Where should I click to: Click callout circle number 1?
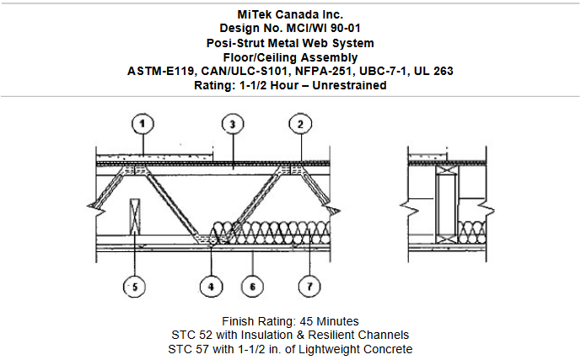click(143, 124)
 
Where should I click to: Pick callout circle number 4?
click(211, 287)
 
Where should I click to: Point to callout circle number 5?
click(133, 287)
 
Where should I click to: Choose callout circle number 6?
click(250, 287)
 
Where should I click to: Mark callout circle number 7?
click(309, 287)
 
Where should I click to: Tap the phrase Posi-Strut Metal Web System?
click(290, 41)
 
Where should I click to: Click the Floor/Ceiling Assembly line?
click(290, 56)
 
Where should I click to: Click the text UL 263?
click(432, 72)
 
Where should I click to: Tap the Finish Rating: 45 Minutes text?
click(290, 321)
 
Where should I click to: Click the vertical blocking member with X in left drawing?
click(134, 217)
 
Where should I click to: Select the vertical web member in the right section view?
click(445, 203)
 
